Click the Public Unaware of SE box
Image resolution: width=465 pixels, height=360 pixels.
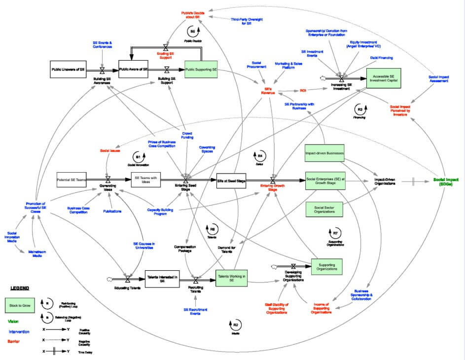click(x=68, y=70)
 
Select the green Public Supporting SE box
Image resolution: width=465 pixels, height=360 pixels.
click(x=201, y=70)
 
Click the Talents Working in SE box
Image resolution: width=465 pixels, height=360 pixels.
click(x=231, y=278)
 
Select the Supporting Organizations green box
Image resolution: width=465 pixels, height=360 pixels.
click(x=326, y=266)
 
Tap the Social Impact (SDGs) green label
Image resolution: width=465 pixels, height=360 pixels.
click(x=448, y=181)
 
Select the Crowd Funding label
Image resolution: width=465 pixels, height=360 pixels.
click(x=187, y=135)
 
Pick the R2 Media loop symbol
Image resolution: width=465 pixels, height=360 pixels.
click(x=235, y=325)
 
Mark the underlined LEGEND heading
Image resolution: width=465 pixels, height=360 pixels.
click(x=20, y=288)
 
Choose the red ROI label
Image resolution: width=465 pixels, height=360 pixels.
click(x=303, y=90)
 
